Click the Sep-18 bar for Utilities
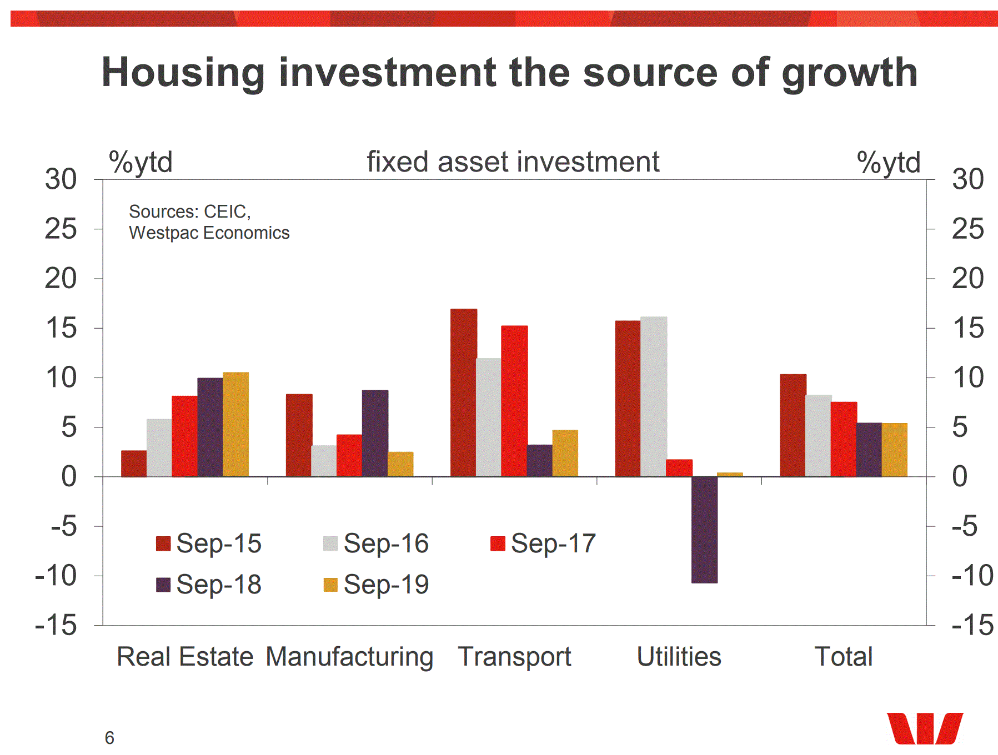tap(704, 530)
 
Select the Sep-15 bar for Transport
tap(463, 392)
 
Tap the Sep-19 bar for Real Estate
tap(235, 424)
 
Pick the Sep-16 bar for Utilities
tap(654, 396)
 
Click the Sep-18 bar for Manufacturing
tap(375, 433)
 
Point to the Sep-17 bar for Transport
tap(514, 401)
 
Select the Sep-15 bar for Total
tap(793, 425)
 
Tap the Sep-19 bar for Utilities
tap(730, 474)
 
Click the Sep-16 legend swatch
tap(330, 543)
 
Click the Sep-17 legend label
tap(553, 543)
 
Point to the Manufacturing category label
tap(349, 657)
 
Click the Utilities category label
tap(679, 657)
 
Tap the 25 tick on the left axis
tap(61, 229)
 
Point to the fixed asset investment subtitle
tap(513, 162)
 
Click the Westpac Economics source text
tap(209, 233)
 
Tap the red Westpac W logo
tap(924, 728)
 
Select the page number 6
tap(109, 738)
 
